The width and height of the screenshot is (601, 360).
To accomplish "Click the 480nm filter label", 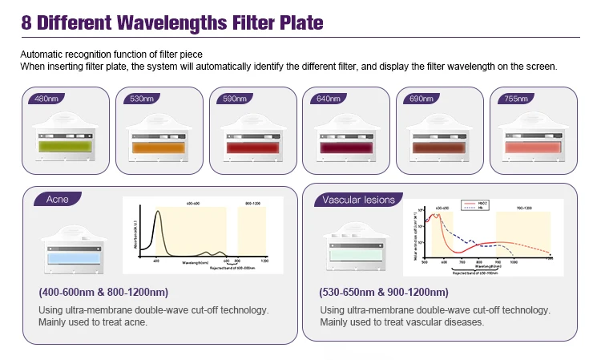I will click(x=46, y=99).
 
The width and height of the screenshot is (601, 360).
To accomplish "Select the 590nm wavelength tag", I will click(x=232, y=99).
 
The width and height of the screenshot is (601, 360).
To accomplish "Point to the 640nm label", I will click(x=325, y=99).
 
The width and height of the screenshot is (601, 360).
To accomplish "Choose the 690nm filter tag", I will click(x=418, y=99).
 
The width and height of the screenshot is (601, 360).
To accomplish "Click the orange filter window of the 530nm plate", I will click(x=160, y=148).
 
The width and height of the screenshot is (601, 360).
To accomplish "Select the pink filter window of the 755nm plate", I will click(x=532, y=148).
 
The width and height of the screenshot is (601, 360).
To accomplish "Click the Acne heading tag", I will click(x=58, y=200).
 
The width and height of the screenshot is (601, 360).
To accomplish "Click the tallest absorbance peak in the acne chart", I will click(x=157, y=212).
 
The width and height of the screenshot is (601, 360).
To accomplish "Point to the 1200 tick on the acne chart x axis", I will click(x=264, y=262).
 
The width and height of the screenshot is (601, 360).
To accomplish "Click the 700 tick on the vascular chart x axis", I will click(x=462, y=262).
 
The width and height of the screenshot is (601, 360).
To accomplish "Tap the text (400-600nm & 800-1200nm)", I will click(x=103, y=292).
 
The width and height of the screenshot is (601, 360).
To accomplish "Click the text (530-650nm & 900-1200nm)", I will click(x=384, y=292).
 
